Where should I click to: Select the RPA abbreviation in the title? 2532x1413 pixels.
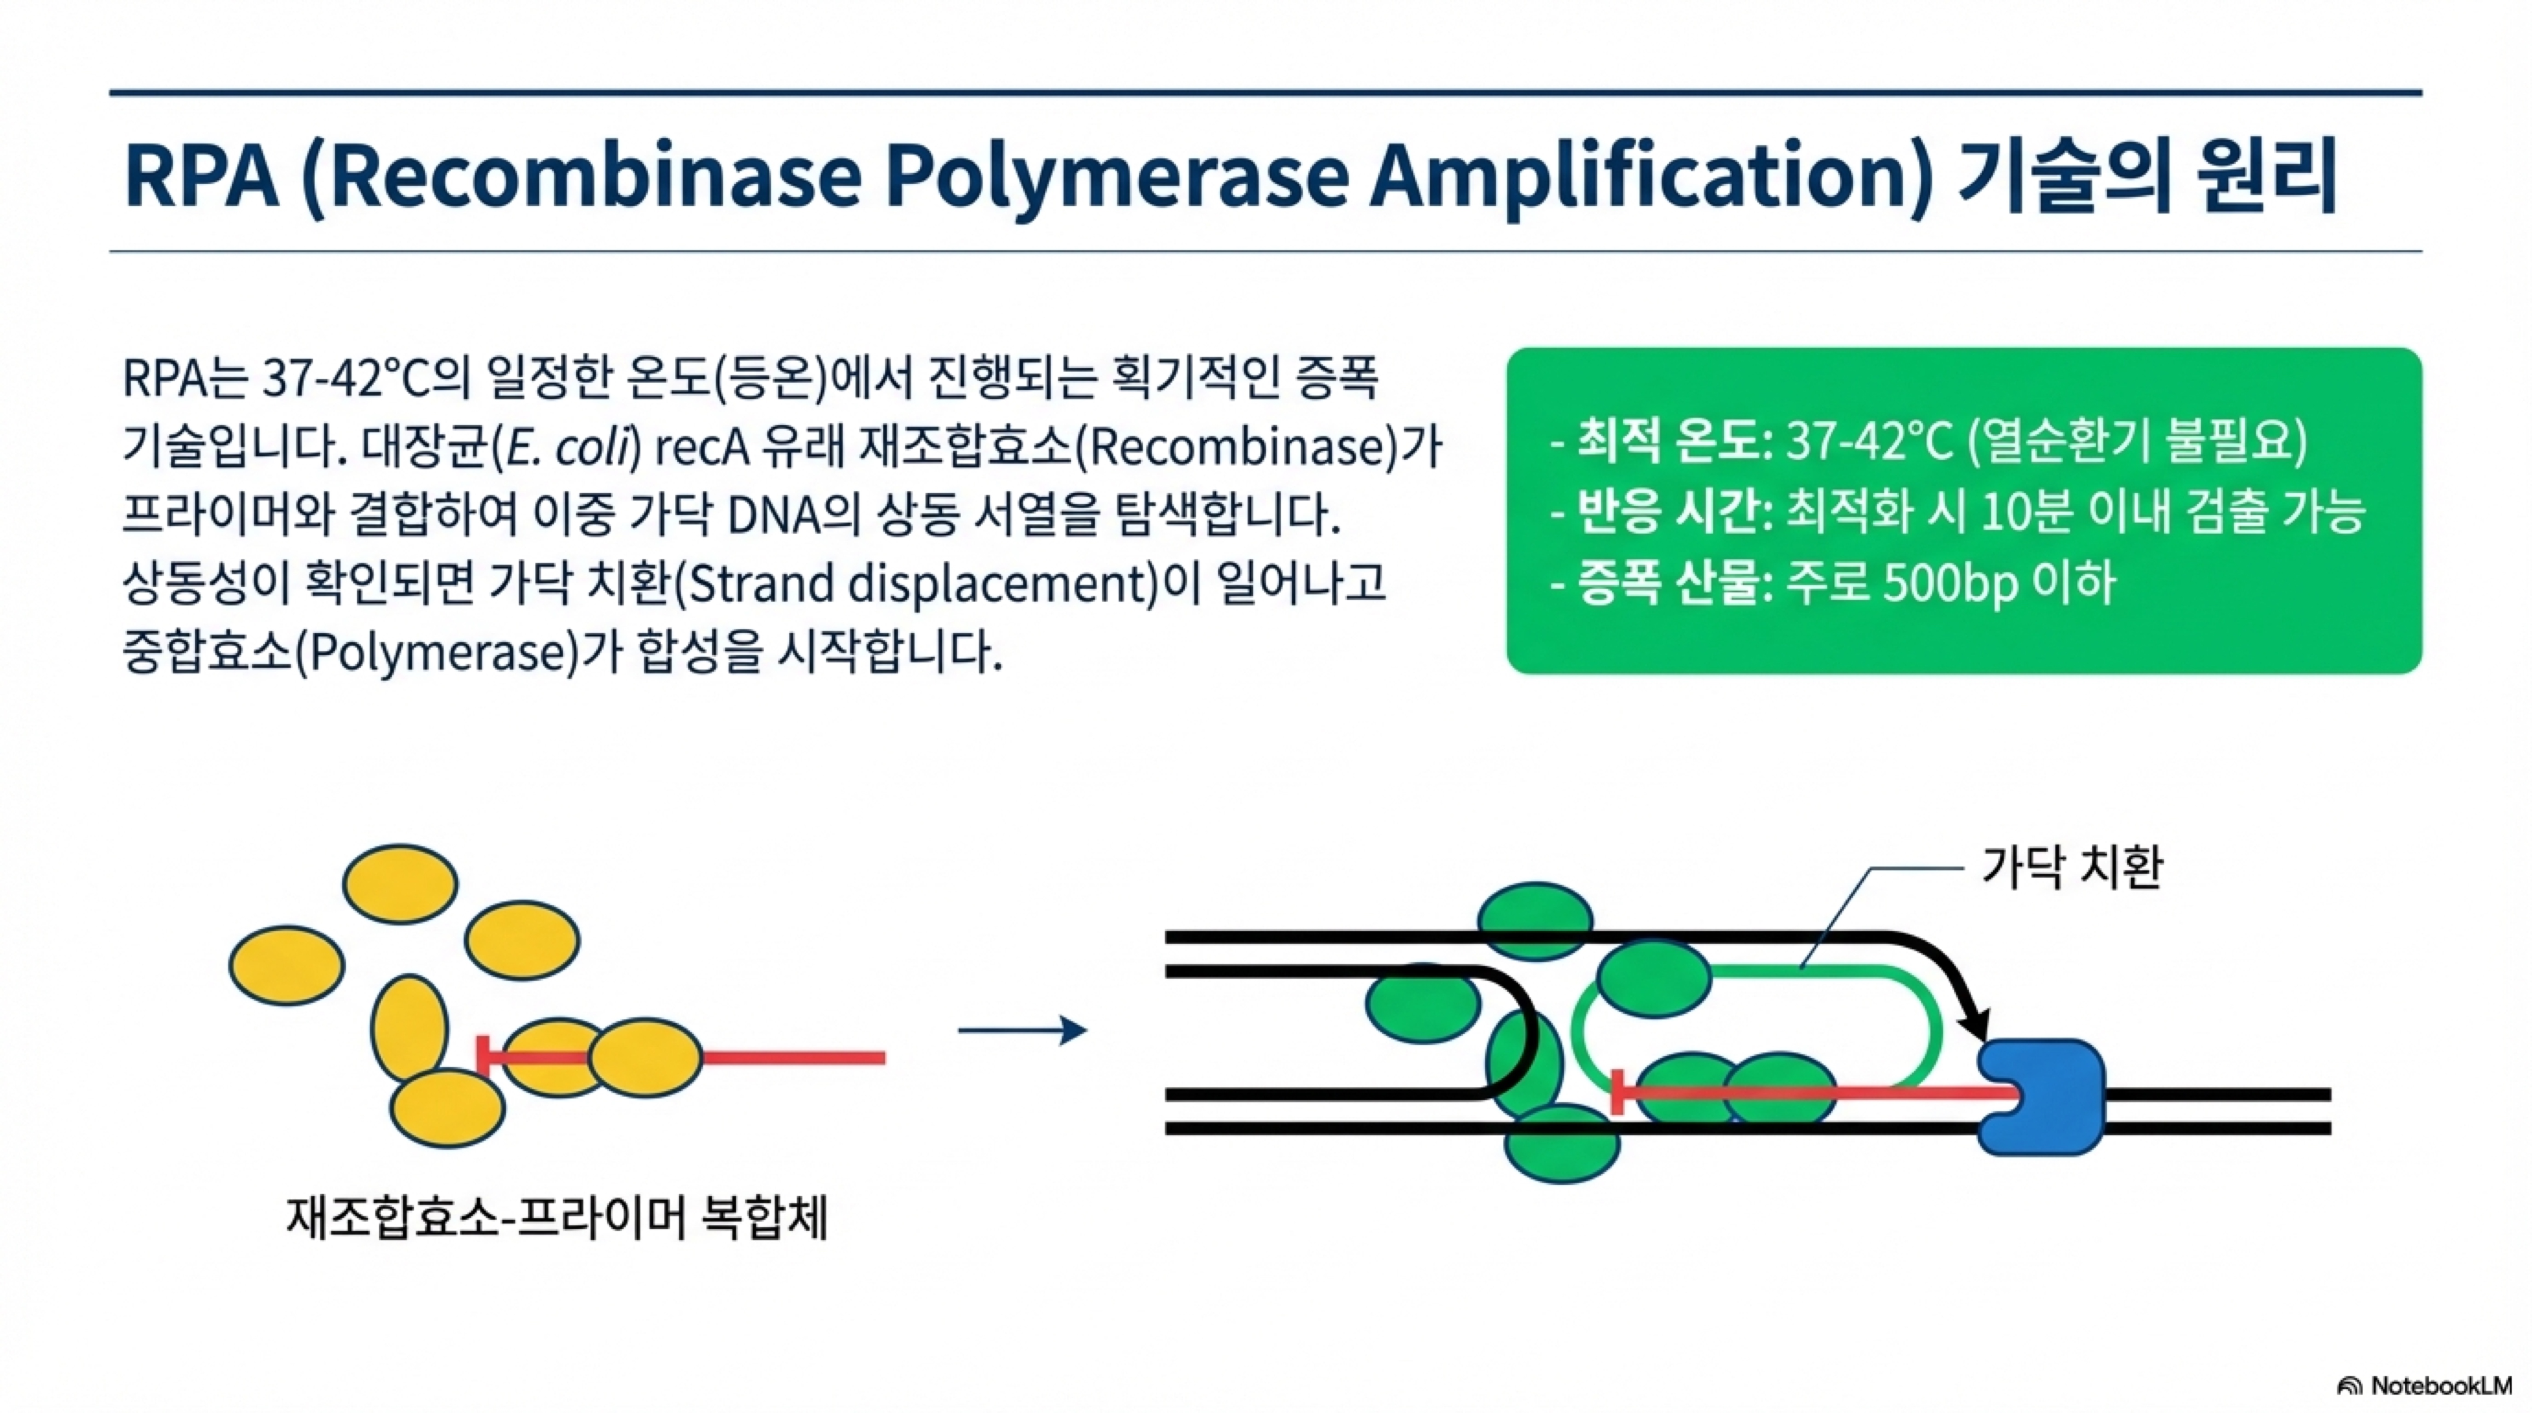201,177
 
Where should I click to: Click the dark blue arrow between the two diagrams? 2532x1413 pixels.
1022,1031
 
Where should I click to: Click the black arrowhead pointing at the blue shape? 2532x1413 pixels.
1970,1022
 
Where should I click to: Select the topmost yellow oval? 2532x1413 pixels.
400,884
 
